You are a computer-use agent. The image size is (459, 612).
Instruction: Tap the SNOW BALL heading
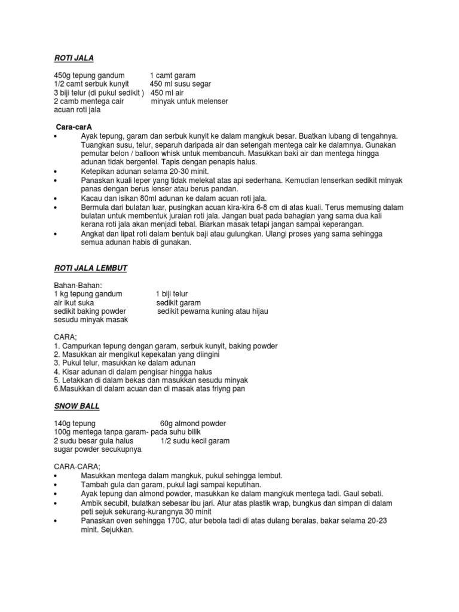[76, 406]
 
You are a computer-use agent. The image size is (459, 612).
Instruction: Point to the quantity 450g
[62, 75]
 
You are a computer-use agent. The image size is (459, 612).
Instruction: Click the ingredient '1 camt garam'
[173, 75]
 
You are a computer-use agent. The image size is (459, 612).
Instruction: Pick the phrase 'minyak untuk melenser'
[189, 102]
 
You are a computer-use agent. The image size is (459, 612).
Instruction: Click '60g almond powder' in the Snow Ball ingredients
[193, 424]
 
